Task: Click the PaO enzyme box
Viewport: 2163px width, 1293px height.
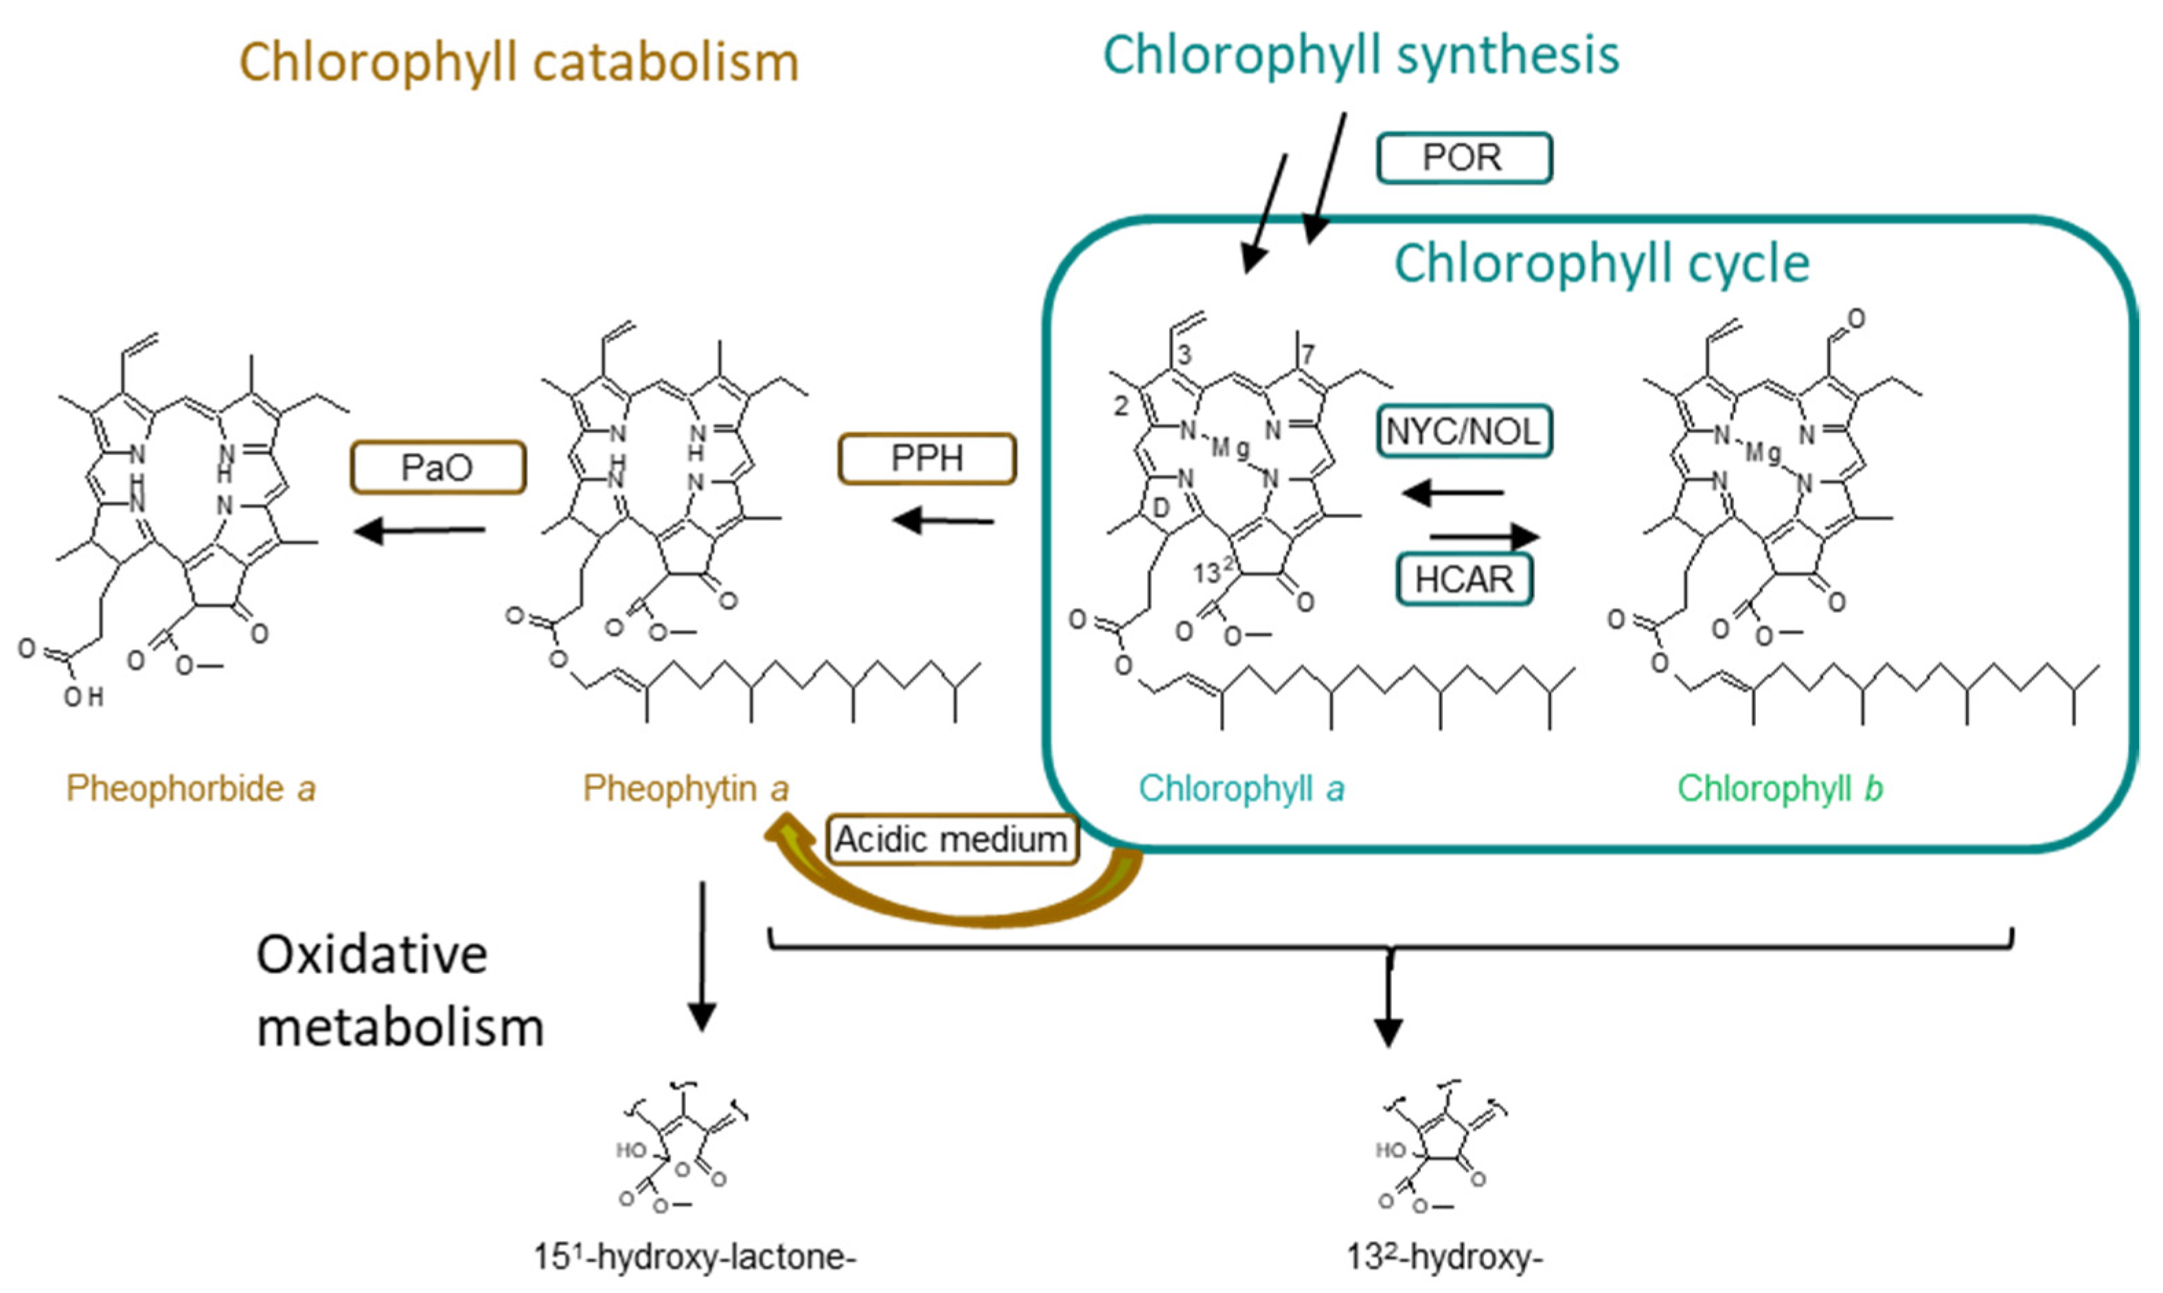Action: pyautogui.click(x=438, y=468)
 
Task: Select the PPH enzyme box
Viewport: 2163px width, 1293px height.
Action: pyautogui.click(x=926, y=458)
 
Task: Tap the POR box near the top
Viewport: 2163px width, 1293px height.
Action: pyautogui.click(x=1463, y=158)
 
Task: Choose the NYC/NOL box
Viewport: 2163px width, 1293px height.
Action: pyautogui.click(x=1463, y=430)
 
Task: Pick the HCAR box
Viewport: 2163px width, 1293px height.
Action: pyautogui.click(x=1463, y=579)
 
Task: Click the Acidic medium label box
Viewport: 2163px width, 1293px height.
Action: pyautogui.click(x=952, y=840)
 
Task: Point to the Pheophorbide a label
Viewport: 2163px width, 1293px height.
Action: pyautogui.click(x=191, y=789)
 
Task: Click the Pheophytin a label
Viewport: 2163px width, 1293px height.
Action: pyautogui.click(x=686, y=789)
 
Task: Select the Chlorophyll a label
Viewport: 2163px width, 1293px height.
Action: pyautogui.click(x=1241, y=789)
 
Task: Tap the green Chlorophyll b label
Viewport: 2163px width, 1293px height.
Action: pyautogui.click(x=1780, y=789)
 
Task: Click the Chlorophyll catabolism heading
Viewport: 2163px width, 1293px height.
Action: pyautogui.click(x=519, y=62)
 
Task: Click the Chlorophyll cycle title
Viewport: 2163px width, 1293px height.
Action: pyautogui.click(x=1602, y=263)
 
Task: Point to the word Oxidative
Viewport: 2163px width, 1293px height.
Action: pyautogui.click(x=371, y=955)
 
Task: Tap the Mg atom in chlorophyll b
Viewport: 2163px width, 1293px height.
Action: pyautogui.click(x=1763, y=452)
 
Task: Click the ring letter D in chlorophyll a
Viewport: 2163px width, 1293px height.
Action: pyautogui.click(x=1160, y=508)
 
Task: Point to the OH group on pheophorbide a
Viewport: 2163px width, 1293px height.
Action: pyautogui.click(x=84, y=697)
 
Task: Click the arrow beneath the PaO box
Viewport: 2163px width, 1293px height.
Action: pyautogui.click(x=420, y=530)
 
